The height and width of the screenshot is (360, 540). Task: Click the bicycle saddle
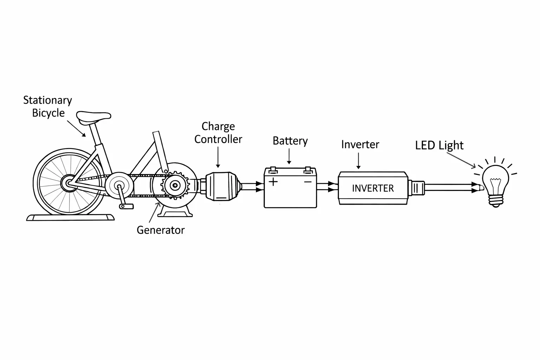pos(93,117)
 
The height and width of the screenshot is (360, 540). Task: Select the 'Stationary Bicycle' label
pos(47,107)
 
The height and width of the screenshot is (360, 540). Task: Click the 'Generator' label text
pos(160,230)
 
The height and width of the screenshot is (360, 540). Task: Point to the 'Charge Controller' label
pos(218,133)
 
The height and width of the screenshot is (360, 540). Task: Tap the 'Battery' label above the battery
pos(290,141)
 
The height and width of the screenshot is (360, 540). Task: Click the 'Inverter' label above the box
pos(360,144)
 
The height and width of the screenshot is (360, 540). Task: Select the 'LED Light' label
pos(439,145)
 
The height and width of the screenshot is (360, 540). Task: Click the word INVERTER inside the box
pos(373,188)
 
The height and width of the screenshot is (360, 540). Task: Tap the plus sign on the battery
pos(273,182)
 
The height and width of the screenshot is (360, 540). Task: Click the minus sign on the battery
pos(308,182)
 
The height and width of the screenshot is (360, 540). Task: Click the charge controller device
pos(220,186)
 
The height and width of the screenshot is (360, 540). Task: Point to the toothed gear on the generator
pos(175,185)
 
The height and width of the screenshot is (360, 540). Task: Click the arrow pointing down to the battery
pos(289,156)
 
